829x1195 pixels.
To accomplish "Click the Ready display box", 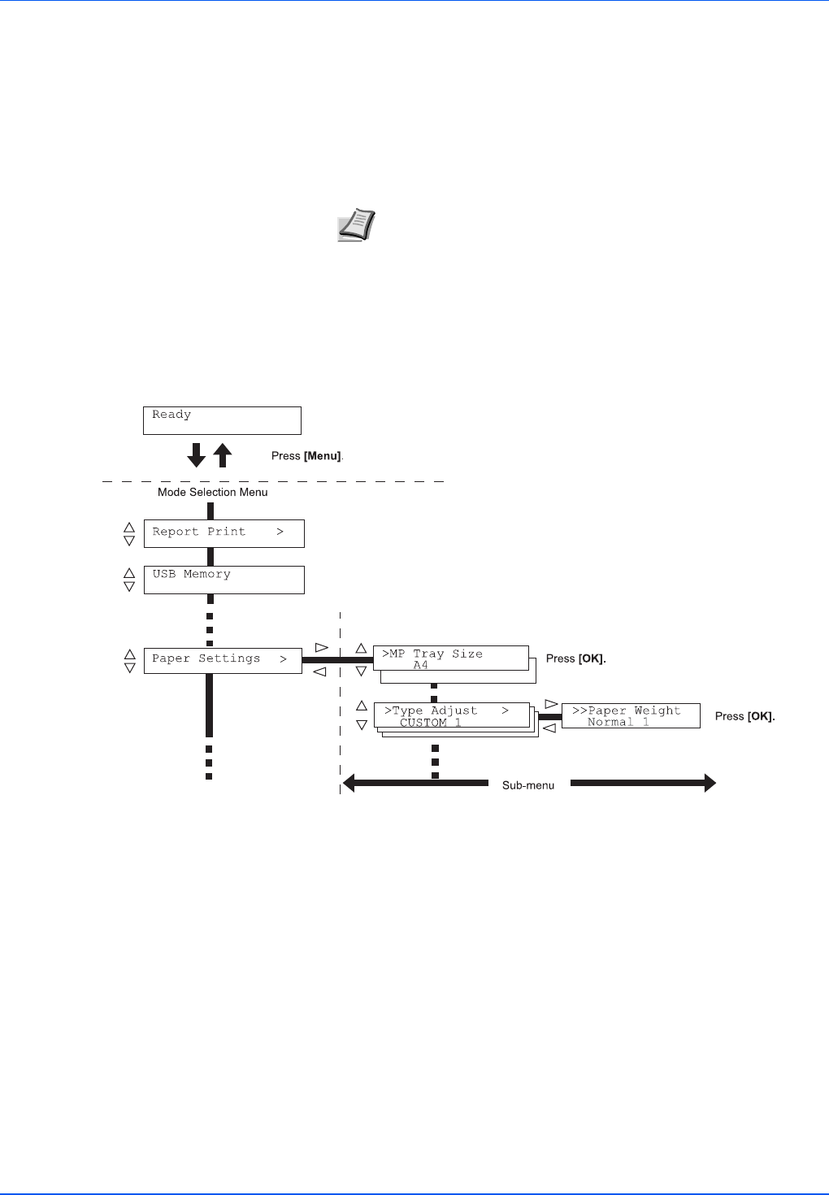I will click(222, 420).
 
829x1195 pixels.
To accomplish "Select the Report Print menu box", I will click(224, 533).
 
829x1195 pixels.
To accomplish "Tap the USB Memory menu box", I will click(224, 580).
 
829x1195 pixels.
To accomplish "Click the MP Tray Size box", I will click(450, 658).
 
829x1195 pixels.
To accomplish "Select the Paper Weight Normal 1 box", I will click(630, 715).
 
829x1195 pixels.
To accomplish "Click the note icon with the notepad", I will click(356, 224).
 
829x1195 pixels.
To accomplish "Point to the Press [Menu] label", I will click(307, 456).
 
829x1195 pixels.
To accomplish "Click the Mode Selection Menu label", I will click(212, 492).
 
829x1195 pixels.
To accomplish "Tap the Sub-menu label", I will click(528, 785).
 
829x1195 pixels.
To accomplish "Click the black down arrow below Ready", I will click(197, 455).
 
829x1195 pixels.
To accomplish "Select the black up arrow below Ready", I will click(223, 455).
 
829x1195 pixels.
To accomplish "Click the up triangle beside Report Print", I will click(129, 527).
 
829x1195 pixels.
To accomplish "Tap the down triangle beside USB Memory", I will click(129, 586).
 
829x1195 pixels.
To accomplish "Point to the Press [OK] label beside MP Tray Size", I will click(575, 658).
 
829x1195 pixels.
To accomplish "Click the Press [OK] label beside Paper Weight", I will click(744, 716).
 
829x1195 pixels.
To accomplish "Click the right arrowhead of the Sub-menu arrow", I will click(710, 784).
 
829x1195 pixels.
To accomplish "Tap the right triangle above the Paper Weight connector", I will click(551, 704).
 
